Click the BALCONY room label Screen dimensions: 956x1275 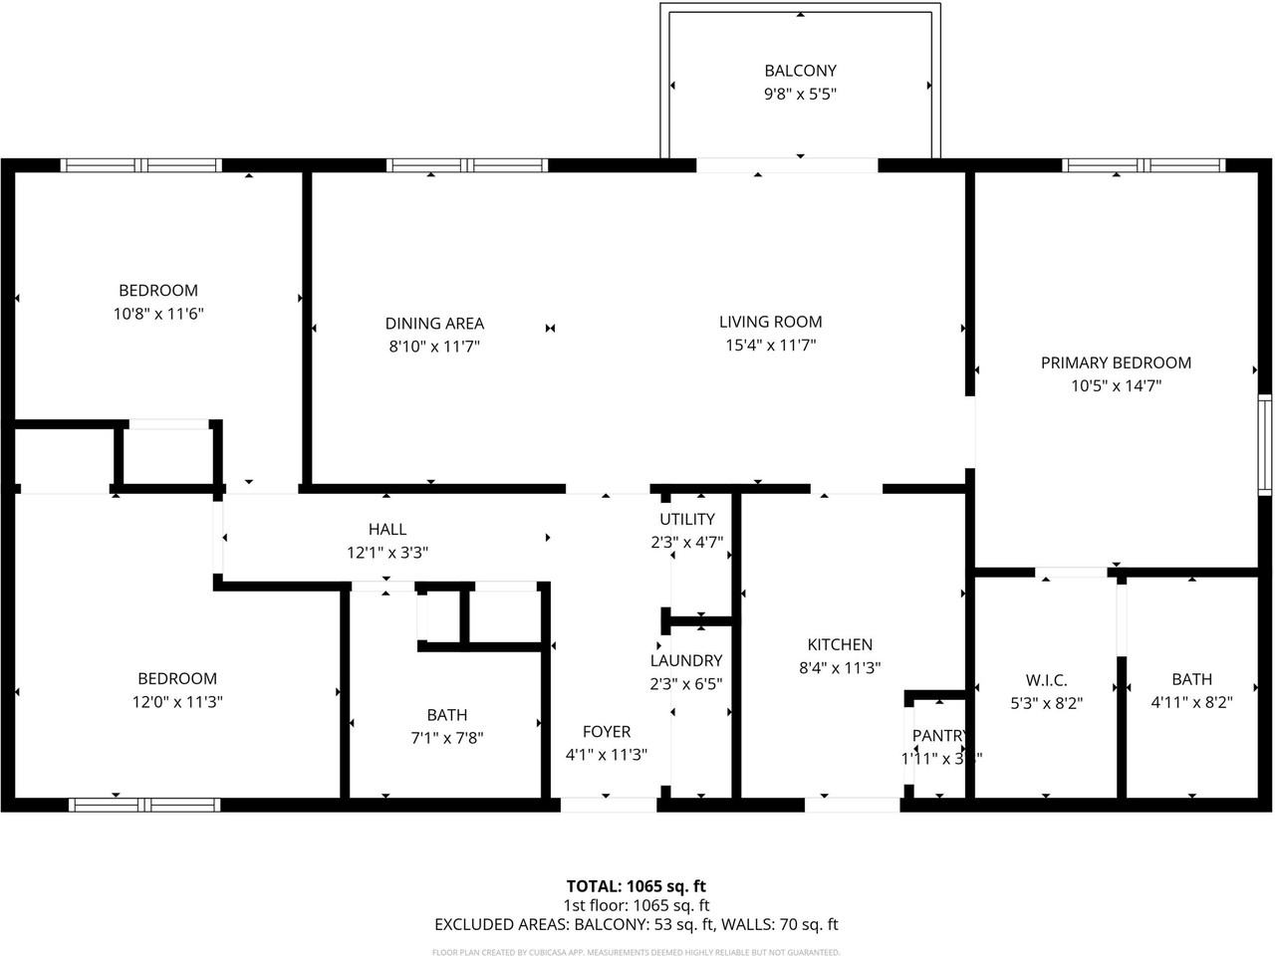[x=800, y=71]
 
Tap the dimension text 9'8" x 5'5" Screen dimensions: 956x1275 [x=800, y=95]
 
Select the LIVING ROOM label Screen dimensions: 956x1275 [x=770, y=322]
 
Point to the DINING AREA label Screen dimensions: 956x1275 [x=434, y=324]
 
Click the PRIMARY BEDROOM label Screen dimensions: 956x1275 [x=1116, y=362]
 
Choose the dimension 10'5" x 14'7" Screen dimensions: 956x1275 [x=1116, y=386]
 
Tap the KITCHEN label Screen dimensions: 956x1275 [x=840, y=645]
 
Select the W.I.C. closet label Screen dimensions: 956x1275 [x=1046, y=680]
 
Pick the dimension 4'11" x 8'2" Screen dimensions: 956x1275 [x=1191, y=702]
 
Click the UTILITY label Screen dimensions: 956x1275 [x=686, y=519]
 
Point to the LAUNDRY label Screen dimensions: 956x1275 [x=686, y=660]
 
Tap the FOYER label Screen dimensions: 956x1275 [x=606, y=732]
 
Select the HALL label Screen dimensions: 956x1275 [x=386, y=529]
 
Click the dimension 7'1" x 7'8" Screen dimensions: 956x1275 [x=447, y=738]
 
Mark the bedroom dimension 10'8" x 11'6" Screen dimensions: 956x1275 [x=159, y=314]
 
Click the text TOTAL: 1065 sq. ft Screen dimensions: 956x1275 [x=636, y=885]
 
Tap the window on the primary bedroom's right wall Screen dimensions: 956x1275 [x=1265, y=444]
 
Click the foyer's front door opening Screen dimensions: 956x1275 [x=608, y=805]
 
